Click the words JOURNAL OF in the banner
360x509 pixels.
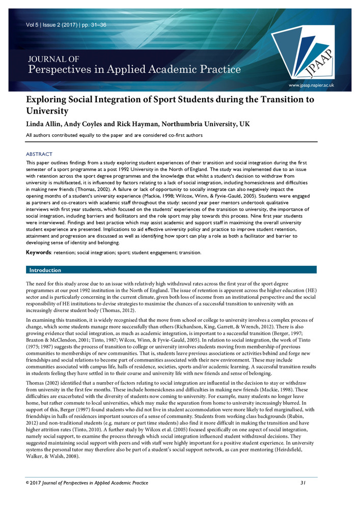[49, 58]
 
